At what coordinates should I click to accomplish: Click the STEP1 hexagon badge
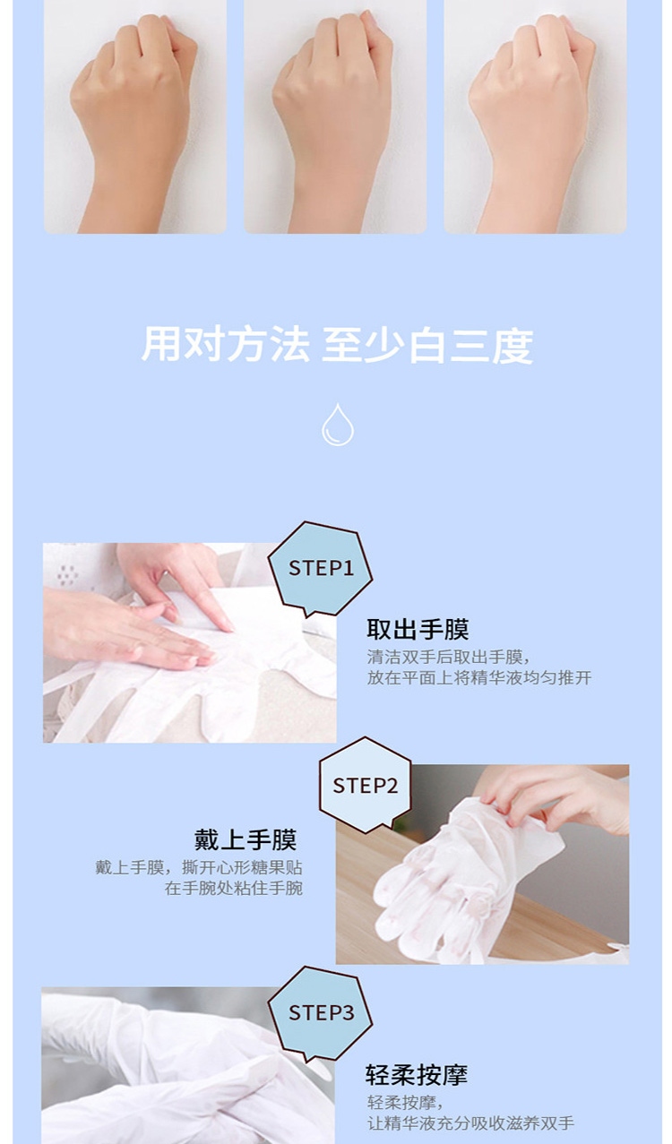pos(320,569)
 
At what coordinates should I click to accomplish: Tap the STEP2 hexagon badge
pos(365,786)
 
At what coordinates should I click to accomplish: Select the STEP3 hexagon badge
pos(320,1012)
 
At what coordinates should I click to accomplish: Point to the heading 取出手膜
pos(418,629)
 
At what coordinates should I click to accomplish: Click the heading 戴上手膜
pos(246,840)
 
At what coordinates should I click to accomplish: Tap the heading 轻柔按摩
pos(416,1074)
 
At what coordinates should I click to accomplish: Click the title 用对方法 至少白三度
pos(337,345)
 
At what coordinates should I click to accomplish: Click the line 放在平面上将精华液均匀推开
pos(479,678)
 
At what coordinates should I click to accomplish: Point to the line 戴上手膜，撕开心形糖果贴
pos(199,868)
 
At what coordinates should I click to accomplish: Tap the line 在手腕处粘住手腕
pos(233,889)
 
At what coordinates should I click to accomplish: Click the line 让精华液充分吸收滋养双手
pos(470,1123)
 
